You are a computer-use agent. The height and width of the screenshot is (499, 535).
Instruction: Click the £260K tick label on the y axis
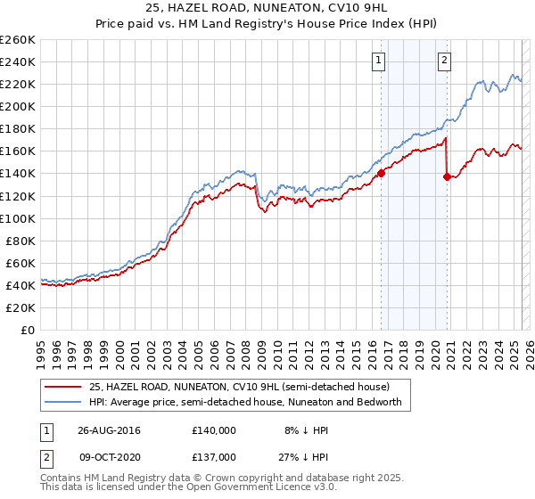18,39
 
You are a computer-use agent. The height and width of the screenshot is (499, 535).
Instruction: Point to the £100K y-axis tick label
18,218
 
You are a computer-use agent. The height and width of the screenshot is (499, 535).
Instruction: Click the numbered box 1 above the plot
379,61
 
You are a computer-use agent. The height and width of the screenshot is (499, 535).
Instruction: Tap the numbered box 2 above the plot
443,61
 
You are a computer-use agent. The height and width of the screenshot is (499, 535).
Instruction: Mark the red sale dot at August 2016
381,173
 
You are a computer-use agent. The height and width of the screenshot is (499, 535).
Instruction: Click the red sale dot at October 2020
446,176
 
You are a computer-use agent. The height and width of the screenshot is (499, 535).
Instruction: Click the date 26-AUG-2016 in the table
103,429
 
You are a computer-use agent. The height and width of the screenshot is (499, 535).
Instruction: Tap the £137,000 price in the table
213,456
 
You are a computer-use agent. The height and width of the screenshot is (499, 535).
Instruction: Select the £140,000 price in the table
213,429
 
